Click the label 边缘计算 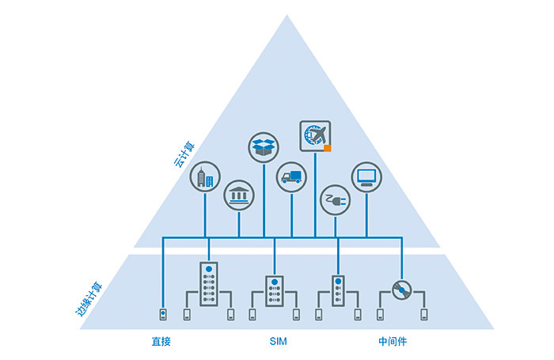click(x=89, y=301)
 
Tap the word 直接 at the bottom click(x=161, y=342)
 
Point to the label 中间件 click(x=392, y=342)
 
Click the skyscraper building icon click(x=205, y=177)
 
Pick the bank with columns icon click(x=238, y=195)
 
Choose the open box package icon click(x=263, y=146)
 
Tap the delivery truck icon click(x=291, y=177)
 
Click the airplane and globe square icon click(x=315, y=135)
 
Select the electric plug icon click(x=335, y=200)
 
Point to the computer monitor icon click(x=366, y=177)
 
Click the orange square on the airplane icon click(x=326, y=146)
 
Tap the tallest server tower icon click(x=208, y=284)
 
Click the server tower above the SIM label click(x=274, y=291)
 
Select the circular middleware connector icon click(x=402, y=291)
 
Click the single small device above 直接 click(x=162, y=314)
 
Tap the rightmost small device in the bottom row click(x=424, y=315)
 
